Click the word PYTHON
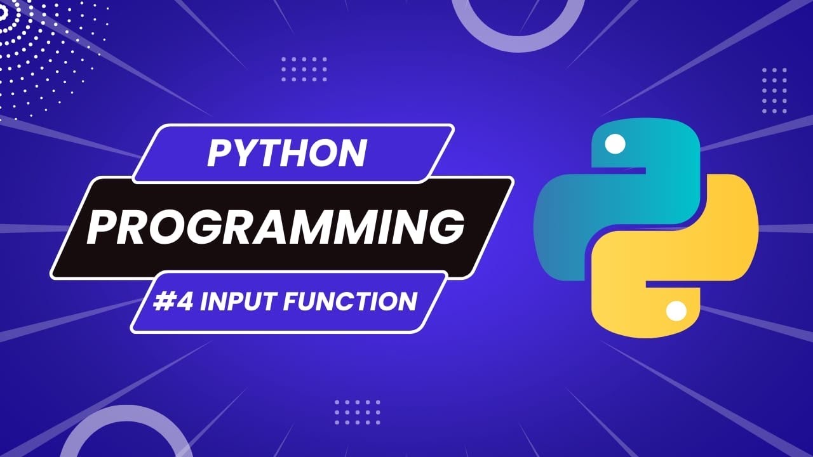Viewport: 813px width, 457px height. click(x=286, y=153)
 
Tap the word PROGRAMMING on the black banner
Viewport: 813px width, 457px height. click(x=274, y=227)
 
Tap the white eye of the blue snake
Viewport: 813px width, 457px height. click(x=614, y=145)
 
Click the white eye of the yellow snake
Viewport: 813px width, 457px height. click(x=676, y=311)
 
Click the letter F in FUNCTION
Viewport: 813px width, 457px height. click(x=292, y=301)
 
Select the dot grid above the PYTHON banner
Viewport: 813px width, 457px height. click(x=304, y=69)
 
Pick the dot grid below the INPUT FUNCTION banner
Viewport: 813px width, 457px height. click(x=357, y=412)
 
